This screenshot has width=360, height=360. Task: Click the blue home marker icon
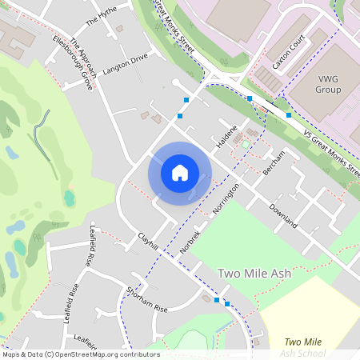click(180, 173)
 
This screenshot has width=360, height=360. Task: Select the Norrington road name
click(227, 200)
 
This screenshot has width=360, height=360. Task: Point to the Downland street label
click(283, 215)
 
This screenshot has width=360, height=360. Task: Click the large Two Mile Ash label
click(254, 274)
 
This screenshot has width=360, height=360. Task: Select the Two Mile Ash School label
click(303, 347)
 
